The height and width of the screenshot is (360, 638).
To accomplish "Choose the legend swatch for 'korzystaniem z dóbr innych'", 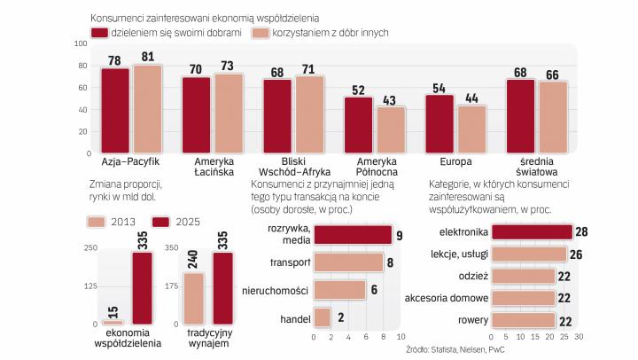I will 260,33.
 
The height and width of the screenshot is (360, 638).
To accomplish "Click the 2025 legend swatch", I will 161,220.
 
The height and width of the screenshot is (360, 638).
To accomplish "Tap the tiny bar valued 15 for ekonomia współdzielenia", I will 112,322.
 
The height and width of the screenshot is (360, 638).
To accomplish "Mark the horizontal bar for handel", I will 322,317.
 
